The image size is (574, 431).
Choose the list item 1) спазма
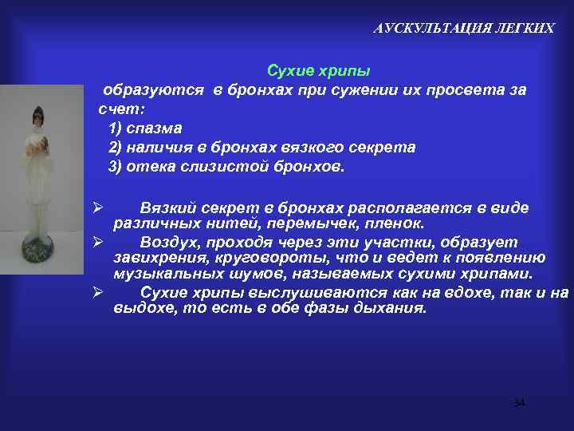coord(145,129)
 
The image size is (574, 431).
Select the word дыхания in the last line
coord(396,308)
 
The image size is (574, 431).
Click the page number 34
coord(519,403)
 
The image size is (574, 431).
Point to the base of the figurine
coord(37,253)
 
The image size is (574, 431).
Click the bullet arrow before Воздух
coord(94,241)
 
